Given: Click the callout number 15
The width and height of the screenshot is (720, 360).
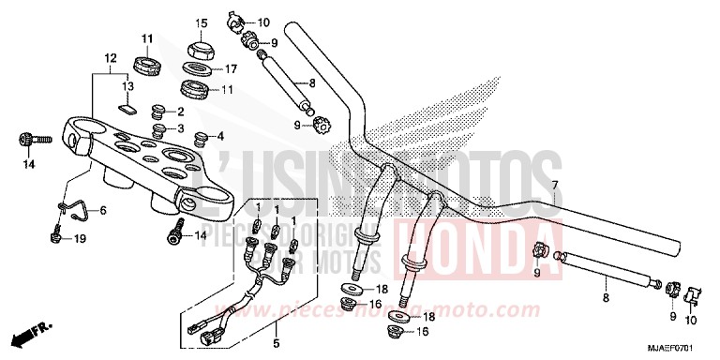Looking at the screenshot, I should tap(201, 22).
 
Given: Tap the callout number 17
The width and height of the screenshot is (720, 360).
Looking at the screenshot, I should tap(229, 68).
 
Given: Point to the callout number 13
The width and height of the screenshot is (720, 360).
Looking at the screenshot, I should tap(128, 84).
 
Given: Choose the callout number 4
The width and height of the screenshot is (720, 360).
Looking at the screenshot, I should tap(220, 136).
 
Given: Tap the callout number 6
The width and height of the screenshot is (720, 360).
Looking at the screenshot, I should tap(102, 211).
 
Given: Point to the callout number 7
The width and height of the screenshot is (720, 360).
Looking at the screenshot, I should tap(555, 185).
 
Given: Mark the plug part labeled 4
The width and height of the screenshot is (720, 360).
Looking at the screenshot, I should tap(199, 141).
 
